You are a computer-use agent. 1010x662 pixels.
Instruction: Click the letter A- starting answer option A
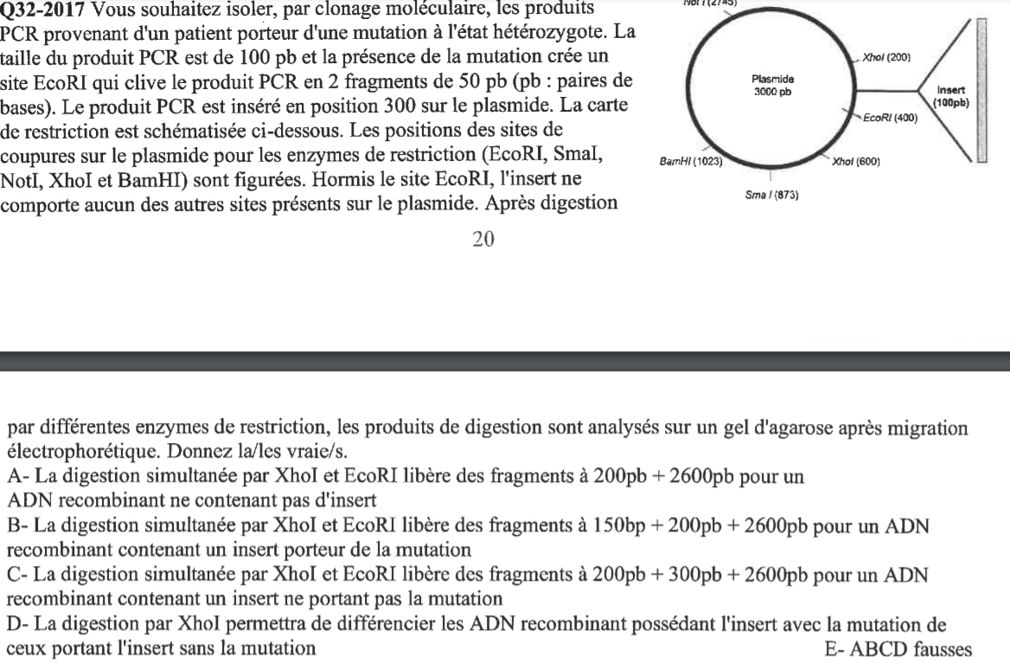(16, 474)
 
